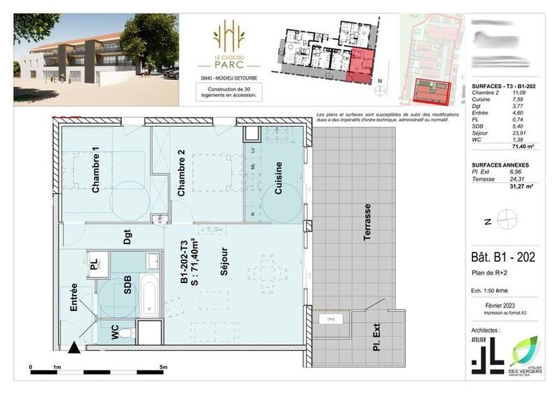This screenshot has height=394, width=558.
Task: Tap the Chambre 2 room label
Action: coord(181,173)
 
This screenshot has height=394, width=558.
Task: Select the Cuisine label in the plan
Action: coord(278,177)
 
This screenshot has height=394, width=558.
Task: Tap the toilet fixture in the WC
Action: coord(126,334)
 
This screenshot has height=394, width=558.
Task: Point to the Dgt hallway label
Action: coord(128,238)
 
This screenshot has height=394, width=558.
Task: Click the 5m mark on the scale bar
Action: coord(164,367)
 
